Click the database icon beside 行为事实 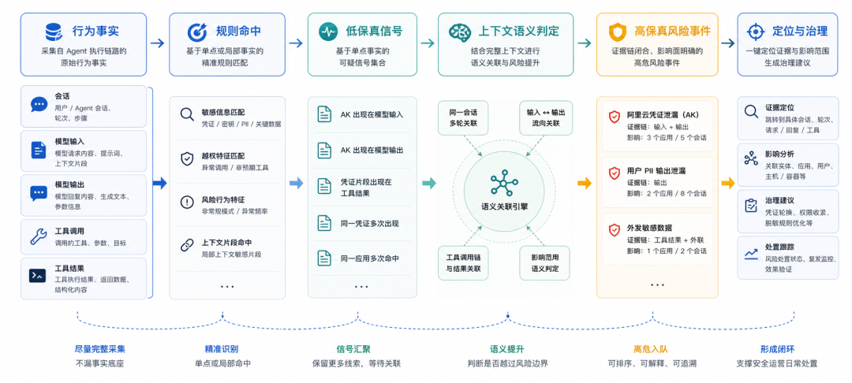[x=54, y=32]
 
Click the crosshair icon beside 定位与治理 [x=755, y=32]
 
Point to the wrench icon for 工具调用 [x=39, y=236]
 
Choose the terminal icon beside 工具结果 [x=38, y=275]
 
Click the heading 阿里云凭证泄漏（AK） [x=663, y=115]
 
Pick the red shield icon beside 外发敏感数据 [x=614, y=230]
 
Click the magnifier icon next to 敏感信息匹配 [x=187, y=114]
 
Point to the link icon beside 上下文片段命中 [x=187, y=245]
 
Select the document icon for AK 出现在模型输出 [x=324, y=150]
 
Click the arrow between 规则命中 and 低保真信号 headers [x=296, y=43]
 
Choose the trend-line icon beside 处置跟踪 [x=752, y=253]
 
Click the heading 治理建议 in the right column [x=779, y=200]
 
